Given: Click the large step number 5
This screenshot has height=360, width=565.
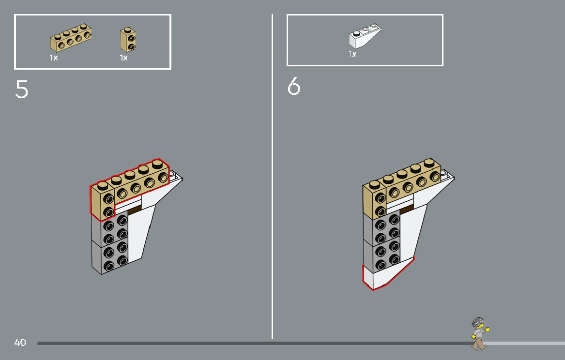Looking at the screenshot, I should coord(22,89).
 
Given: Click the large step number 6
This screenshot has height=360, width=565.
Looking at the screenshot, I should coord(294,87).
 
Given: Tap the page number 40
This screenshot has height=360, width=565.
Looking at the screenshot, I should coord(20,343).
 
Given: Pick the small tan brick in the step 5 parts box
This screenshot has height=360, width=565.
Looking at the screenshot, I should coord(128,40).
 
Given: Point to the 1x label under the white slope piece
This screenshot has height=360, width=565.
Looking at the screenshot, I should coord(352,55).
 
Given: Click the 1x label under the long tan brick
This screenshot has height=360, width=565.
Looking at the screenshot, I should coord(54,58).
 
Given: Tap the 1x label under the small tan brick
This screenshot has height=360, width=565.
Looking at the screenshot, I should coord(124,58).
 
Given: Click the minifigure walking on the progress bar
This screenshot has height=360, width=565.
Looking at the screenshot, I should coord(479,333).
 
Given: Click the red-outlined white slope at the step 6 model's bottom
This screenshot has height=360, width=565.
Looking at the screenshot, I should coord(382,277).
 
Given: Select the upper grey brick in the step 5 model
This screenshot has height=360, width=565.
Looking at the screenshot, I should coord(110,229).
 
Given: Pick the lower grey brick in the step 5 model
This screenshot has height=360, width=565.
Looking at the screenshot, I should coord(110,257).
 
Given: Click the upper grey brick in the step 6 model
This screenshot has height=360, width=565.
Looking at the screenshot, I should coord(382,228).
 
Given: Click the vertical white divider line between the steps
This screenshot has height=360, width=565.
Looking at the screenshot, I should coord(272,194).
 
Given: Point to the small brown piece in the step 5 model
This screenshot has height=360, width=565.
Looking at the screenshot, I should coord(135,208).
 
